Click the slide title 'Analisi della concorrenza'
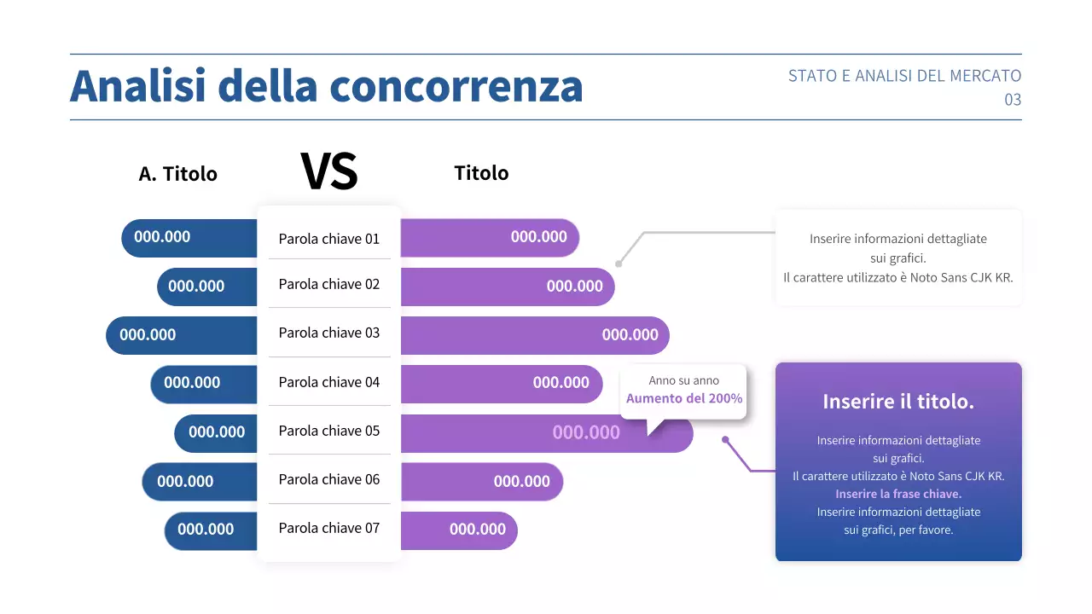click(x=326, y=86)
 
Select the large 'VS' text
click(x=329, y=171)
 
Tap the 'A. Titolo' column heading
click(x=177, y=174)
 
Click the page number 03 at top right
click(x=1013, y=100)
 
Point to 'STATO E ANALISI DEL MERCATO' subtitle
click(x=904, y=76)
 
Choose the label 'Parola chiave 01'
click(x=328, y=239)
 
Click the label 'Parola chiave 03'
click(x=328, y=333)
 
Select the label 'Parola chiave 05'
click(x=328, y=431)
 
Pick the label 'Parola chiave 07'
click(x=328, y=528)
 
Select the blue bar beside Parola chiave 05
click(x=216, y=432)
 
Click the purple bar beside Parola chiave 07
click(x=459, y=530)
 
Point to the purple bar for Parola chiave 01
click(x=490, y=237)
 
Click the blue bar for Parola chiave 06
click(x=199, y=482)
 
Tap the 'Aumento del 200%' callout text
click(x=684, y=398)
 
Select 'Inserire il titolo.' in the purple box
click(x=898, y=402)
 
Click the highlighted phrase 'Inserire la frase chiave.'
click(x=898, y=494)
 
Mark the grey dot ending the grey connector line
click(x=619, y=264)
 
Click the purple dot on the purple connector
click(x=725, y=440)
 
